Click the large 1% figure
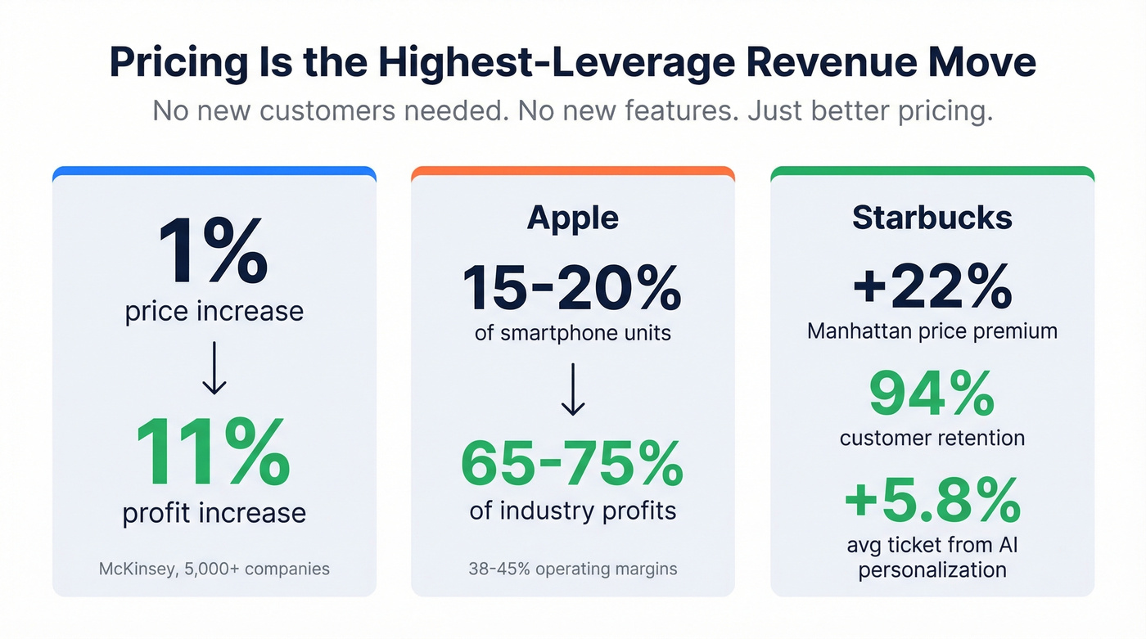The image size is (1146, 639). pyautogui.click(x=214, y=251)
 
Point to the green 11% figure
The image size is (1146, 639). pyautogui.click(x=214, y=452)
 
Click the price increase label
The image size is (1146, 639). pyautogui.click(x=214, y=312)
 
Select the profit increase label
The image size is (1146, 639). pyautogui.click(x=214, y=513)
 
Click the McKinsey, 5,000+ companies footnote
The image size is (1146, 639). pyautogui.click(x=214, y=568)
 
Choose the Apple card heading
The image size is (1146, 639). pyautogui.click(x=572, y=218)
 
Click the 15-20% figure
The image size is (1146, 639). pyautogui.click(x=572, y=287)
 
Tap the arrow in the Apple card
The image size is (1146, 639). pyautogui.click(x=572, y=389)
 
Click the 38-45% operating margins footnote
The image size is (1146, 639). pyautogui.click(x=572, y=568)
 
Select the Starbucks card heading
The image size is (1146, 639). pyautogui.click(x=932, y=218)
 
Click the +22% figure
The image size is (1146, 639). pyautogui.click(x=932, y=286)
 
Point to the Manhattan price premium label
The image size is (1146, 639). pyautogui.click(x=932, y=331)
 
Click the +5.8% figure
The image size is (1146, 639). pyautogui.click(x=932, y=499)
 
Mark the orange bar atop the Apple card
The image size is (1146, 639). pyautogui.click(x=572, y=172)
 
